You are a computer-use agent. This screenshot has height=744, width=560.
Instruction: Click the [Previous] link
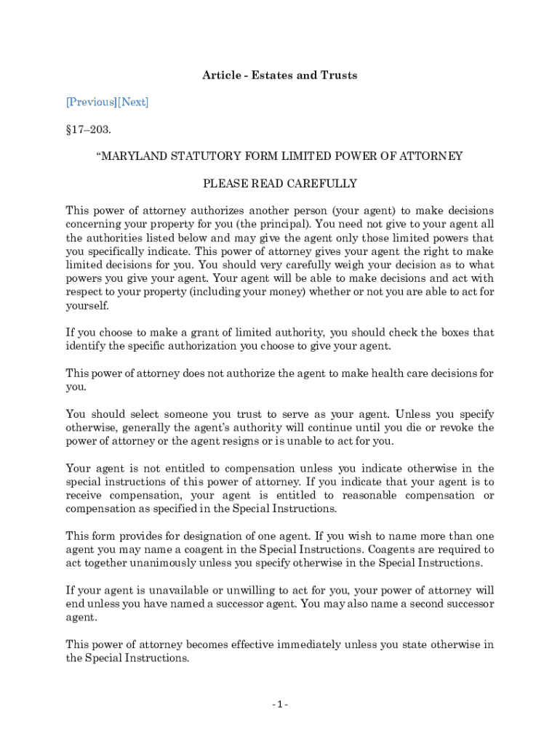(91, 102)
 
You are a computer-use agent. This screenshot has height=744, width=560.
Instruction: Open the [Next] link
(133, 102)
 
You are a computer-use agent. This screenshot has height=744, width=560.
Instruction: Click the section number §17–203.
(87, 129)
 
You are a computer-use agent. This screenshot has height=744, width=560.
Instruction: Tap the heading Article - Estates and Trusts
(279, 76)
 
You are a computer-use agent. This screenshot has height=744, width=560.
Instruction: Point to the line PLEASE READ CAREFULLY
(279, 183)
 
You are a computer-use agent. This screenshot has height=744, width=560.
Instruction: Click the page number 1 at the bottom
(280, 705)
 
